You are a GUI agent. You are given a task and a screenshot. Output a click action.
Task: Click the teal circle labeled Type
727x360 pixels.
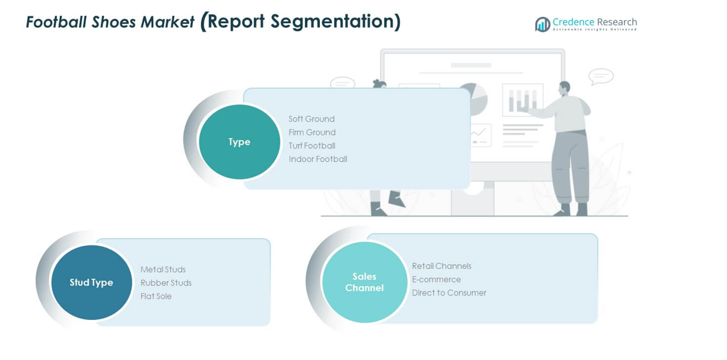click(239, 142)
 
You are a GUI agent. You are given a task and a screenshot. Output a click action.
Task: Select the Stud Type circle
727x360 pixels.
click(91, 282)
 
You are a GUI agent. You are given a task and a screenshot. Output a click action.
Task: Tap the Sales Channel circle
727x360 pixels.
click(364, 282)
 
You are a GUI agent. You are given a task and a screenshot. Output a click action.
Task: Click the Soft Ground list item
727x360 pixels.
click(311, 119)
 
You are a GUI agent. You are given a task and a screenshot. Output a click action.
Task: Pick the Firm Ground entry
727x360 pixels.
click(312, 132)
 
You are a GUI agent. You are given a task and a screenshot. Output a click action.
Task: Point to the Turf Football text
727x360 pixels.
click(312, 146)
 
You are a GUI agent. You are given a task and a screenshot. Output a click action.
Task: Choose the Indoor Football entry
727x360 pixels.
click(318, 159)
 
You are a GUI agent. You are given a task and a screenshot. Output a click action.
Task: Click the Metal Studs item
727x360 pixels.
click(163, 269)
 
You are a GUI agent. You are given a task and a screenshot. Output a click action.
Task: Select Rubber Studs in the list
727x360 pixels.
click(166, 283)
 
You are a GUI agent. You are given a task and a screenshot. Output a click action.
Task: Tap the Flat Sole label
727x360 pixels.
click(156, 296)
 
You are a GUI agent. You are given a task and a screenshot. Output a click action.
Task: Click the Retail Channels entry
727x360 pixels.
click(441, 266)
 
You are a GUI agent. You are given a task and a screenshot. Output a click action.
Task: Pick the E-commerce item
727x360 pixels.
click(436, 279)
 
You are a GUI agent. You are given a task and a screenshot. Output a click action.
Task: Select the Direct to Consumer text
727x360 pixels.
click(449, 293)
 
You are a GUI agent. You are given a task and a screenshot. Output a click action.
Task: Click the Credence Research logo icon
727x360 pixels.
click(542, 24)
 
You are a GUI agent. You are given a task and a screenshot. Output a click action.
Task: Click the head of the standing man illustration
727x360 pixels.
click(564, 88)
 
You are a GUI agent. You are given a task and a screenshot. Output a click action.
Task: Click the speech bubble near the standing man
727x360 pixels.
click(600, 76)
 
